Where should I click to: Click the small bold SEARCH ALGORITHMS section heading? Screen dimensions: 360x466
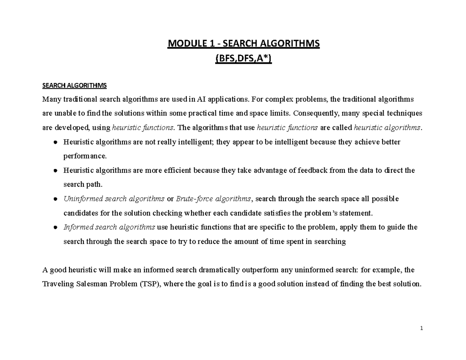click(x=74, y=85)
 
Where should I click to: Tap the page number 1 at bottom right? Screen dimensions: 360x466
click(x=421, y=329)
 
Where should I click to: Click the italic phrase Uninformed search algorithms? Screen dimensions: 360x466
click(x=114, y=199)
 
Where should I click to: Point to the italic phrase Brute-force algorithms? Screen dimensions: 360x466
click(x=214, y=199)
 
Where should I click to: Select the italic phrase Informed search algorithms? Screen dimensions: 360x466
click(x=110, y=227)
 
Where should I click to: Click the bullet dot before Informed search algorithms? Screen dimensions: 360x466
click(x=56, y=228)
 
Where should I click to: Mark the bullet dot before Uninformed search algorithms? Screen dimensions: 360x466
click(x=56, y=199)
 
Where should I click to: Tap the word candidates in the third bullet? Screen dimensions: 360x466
click(x=80, y=213)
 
